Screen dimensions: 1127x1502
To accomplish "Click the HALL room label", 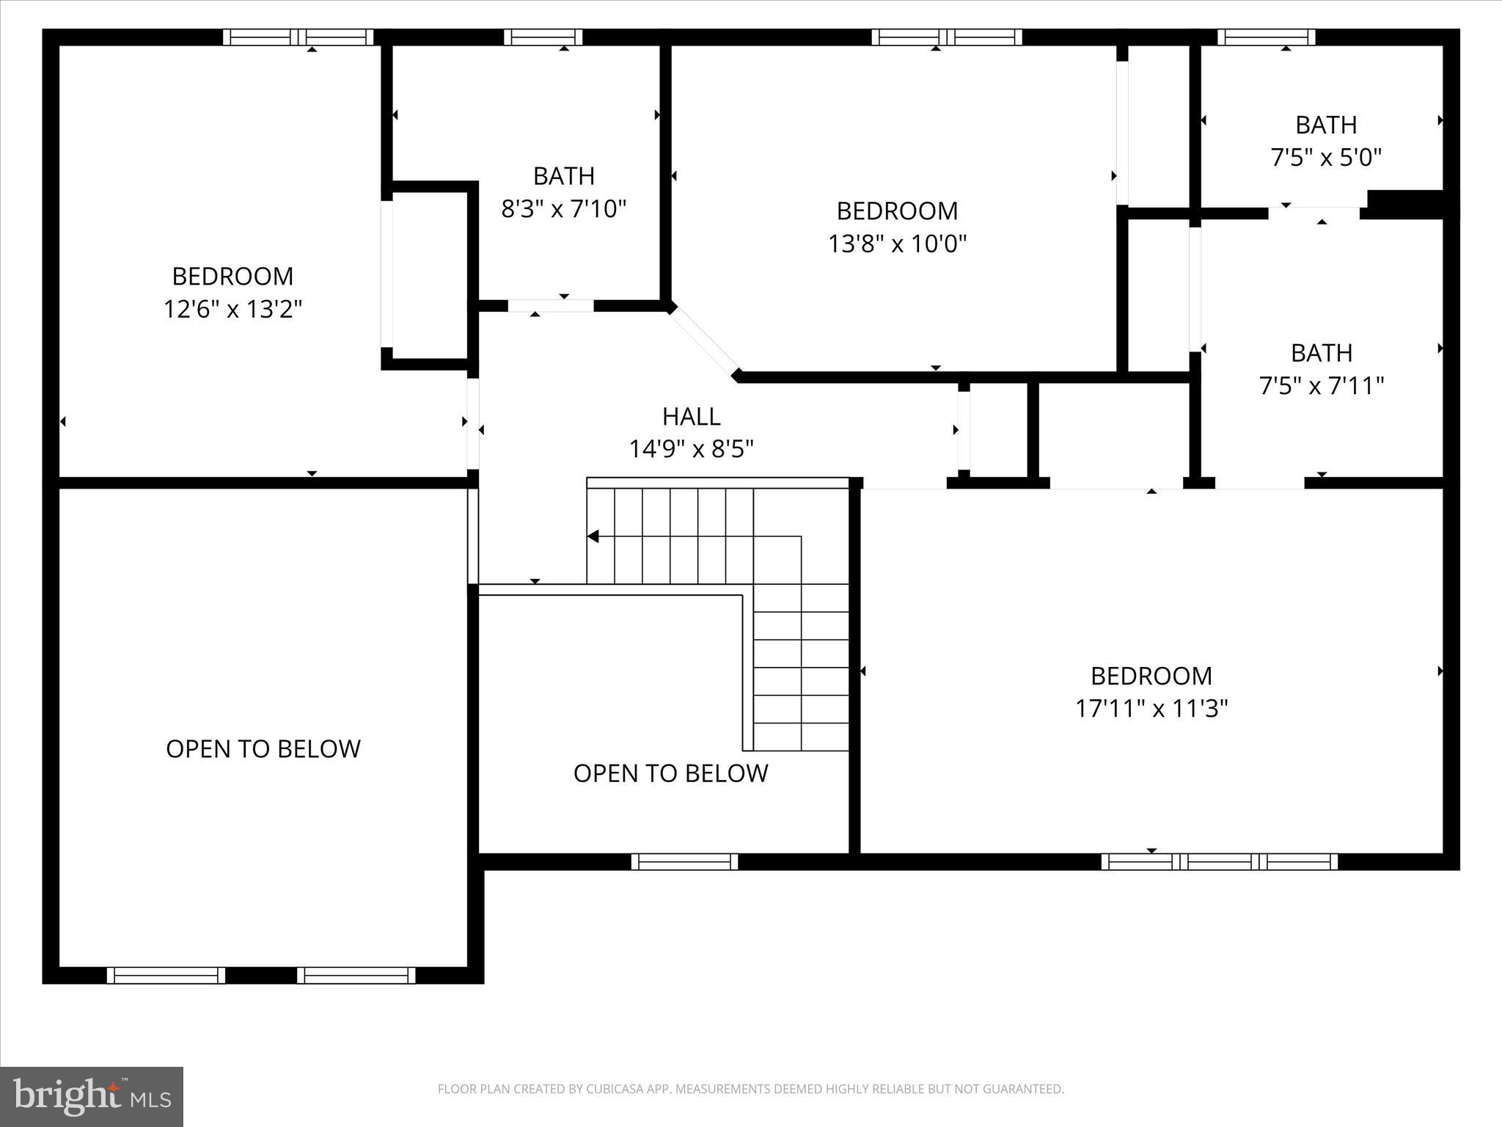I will coord(691,417).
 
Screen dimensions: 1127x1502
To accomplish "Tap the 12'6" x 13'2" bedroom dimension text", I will coord(232,310).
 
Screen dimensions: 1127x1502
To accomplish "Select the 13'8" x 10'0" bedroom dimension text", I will coord(897,244).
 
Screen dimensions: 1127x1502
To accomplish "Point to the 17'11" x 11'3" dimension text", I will coord(1151,709).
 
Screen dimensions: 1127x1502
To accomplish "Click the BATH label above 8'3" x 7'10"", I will coord(563,176).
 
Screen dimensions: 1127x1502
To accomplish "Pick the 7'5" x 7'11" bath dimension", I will coord(1321,386).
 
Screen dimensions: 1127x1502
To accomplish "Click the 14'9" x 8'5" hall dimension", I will coord(691,449).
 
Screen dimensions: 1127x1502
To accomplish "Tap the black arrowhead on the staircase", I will coord(593,537).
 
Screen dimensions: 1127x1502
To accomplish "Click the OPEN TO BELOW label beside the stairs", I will coord(670,773).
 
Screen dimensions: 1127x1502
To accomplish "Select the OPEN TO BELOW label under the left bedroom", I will coord(263,749).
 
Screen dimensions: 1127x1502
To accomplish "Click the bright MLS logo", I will coord(92,1096).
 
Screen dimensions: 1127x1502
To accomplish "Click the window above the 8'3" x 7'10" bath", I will coord(543,37).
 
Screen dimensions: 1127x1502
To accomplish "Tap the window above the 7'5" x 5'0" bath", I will coord(1266,37).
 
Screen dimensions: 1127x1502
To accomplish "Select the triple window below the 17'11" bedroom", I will coord(1219,861).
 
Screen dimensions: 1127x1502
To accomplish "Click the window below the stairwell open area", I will coord(684,861).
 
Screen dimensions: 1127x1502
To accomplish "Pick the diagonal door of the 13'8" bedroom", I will coord(704,342).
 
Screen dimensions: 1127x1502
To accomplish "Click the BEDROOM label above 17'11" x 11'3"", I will coord(1151,676).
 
